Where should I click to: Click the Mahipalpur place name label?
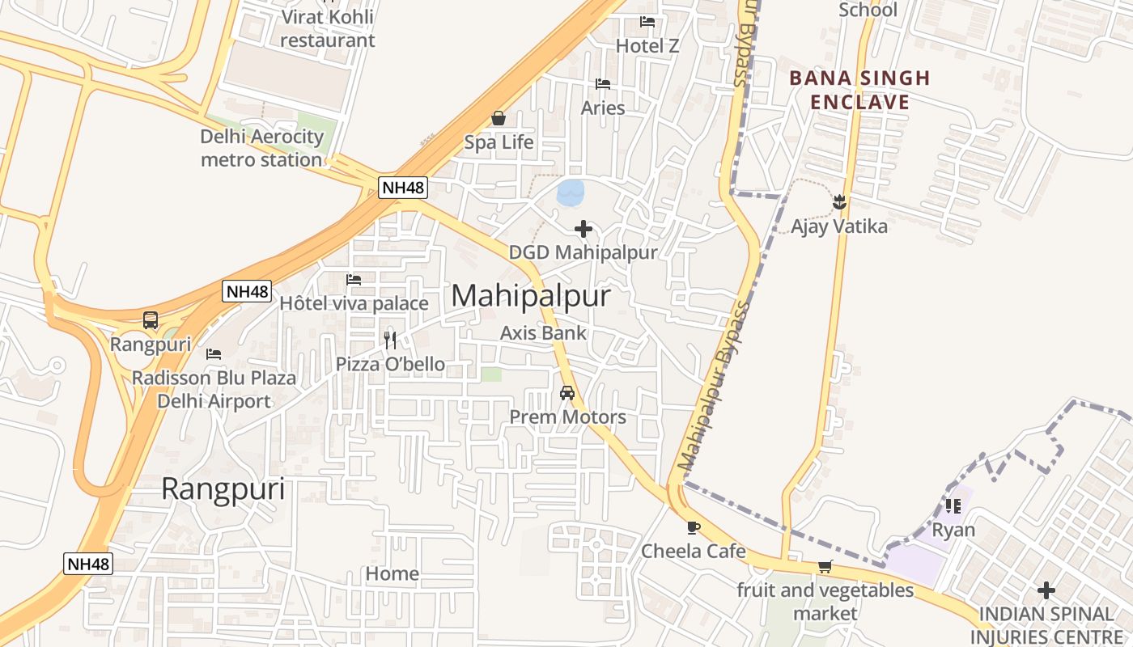coord(530,296)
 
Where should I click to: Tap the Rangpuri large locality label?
coord(223,489)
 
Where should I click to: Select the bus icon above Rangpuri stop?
coord(151,320)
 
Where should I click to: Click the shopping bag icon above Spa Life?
coord(499,119)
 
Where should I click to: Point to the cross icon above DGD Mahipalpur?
coord(583,229)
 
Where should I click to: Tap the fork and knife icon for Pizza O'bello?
coord(390,340)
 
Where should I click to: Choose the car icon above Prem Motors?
coord(567,393)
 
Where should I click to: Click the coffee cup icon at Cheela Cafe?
coord(693,527)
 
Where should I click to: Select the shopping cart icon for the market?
coord(825,566)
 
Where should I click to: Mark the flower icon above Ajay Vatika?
coord(838,201)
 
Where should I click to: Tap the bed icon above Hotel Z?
coord(647,22)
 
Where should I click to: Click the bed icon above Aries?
coord(603,83)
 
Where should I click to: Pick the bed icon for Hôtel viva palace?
coord(354,280)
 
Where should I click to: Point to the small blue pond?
coord(571,192)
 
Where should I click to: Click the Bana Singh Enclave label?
coord(859,90)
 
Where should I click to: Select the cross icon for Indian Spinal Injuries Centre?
coord(1046,590)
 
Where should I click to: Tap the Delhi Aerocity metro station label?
coord(261,148)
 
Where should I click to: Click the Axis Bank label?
coord(543,332)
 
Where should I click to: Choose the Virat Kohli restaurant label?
coord(328,28)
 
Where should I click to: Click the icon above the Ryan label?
coord(953,506)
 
